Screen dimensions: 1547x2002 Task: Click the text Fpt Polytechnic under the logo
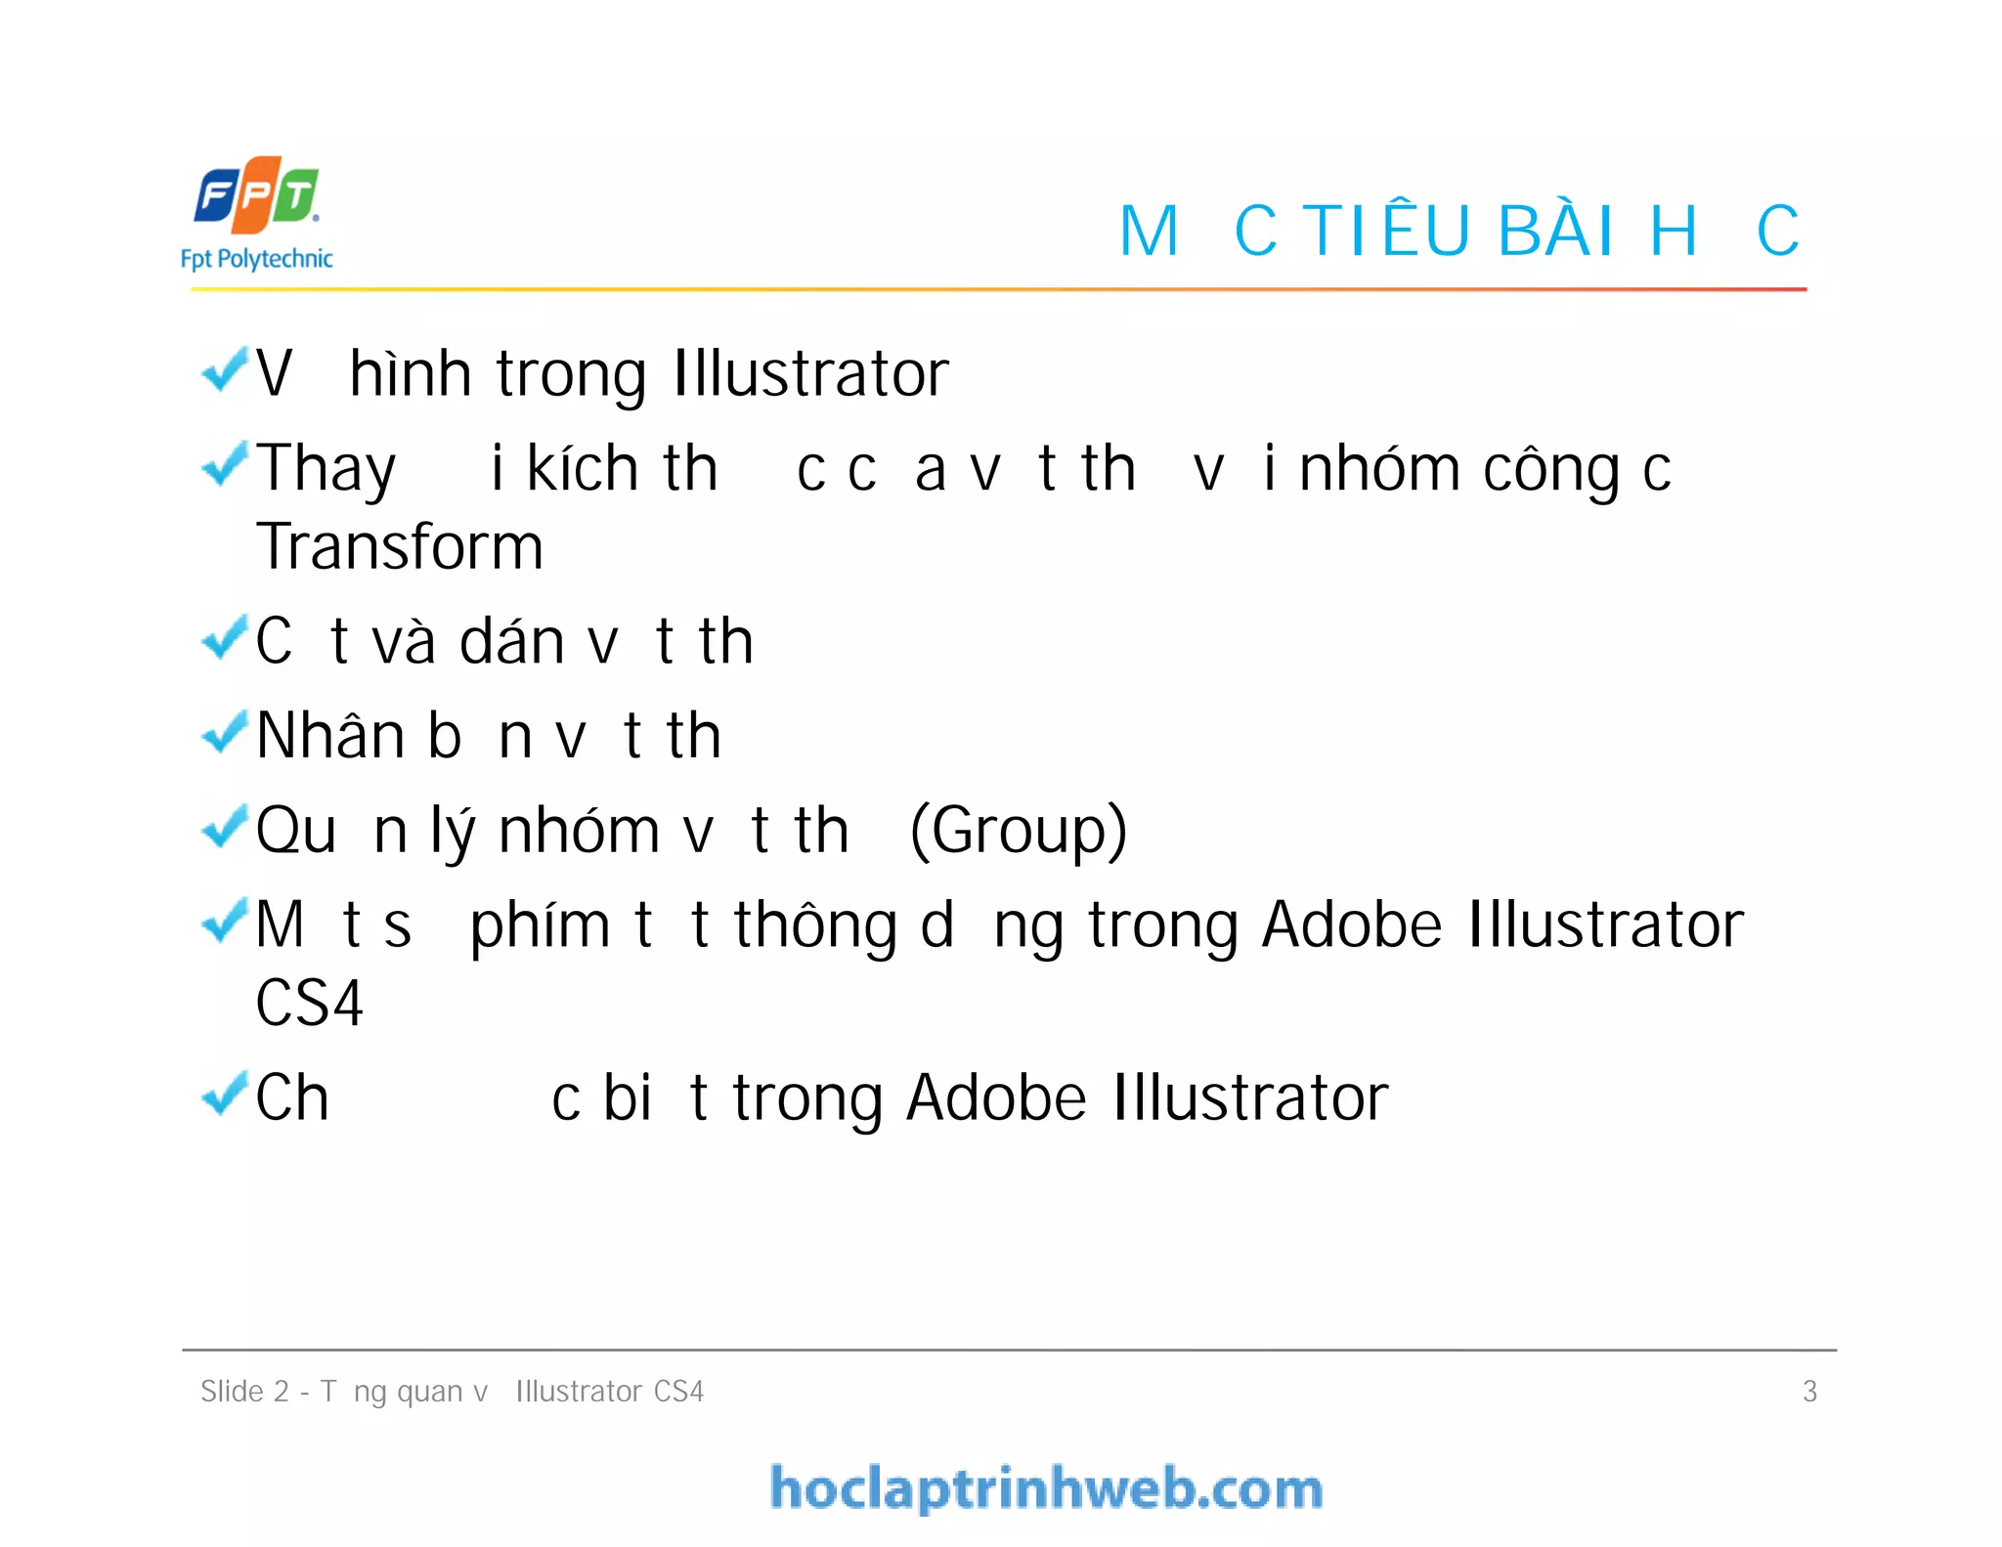point(257,259)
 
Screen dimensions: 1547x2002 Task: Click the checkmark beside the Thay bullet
point(224,464)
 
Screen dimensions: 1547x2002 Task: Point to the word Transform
point(400,546)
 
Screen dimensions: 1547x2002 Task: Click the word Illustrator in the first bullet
point(810,373)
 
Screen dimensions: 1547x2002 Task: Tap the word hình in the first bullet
point(411,373)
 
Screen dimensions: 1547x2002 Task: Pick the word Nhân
point(330,735)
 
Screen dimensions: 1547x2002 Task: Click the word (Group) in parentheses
point(1019,831)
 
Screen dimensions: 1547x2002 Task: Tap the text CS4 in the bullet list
point(309,1004)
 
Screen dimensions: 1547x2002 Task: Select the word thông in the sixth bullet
point(815,925)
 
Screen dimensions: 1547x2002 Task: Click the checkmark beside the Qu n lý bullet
point(224,828)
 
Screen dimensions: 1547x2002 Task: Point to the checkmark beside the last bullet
point(224,1094)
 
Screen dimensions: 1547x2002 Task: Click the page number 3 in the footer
point(1809,1391)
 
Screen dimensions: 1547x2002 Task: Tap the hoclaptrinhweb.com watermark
point(1046,1488)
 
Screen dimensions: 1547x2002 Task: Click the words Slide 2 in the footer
point(244,1391)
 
